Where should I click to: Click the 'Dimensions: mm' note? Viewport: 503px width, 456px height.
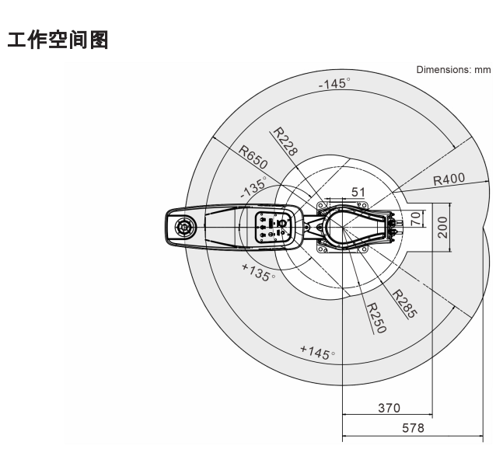click(454, 70)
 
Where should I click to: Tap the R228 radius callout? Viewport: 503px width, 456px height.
click(287, 143)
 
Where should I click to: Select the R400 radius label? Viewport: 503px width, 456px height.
click(449, 179)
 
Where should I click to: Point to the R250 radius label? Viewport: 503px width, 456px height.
click(376, 317)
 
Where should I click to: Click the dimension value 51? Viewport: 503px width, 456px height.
click(359, 190)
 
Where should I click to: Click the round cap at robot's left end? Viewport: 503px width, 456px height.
click(184, 228)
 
